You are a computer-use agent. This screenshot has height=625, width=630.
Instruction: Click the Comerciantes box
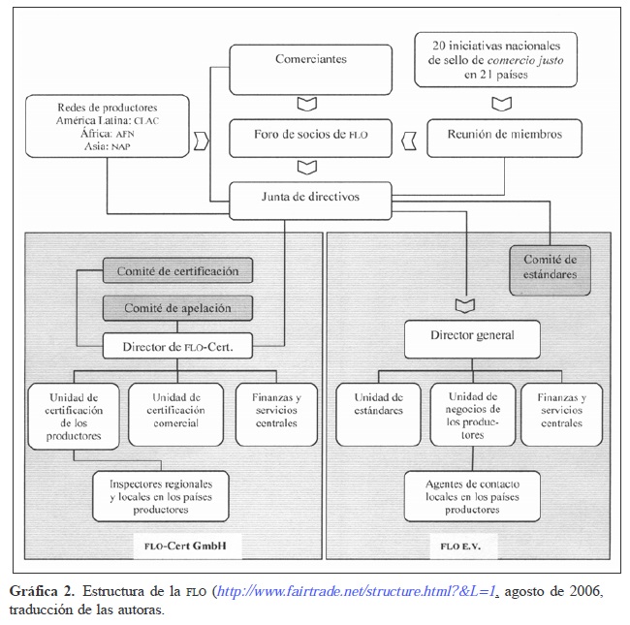pos(310,59)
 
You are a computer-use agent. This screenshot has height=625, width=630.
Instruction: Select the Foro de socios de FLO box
pos(310,134)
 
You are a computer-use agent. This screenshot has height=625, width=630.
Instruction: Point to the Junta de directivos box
pos(310,197)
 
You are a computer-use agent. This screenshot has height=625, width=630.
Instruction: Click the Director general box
pos(472,337)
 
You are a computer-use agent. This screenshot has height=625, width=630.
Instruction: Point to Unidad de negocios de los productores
pos(472,416)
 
